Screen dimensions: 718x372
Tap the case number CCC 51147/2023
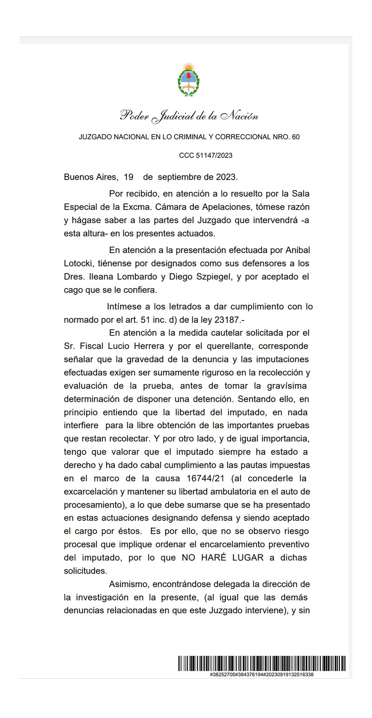(x=206, y=156)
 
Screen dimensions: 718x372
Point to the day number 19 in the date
(x=128, y=177)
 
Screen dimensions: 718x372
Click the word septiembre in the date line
(x=178, y=177)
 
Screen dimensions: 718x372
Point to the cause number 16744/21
(x=205, y=478)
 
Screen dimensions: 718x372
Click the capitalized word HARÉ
(x=214, y=558)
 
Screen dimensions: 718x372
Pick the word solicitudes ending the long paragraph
(x=85, y=571)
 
